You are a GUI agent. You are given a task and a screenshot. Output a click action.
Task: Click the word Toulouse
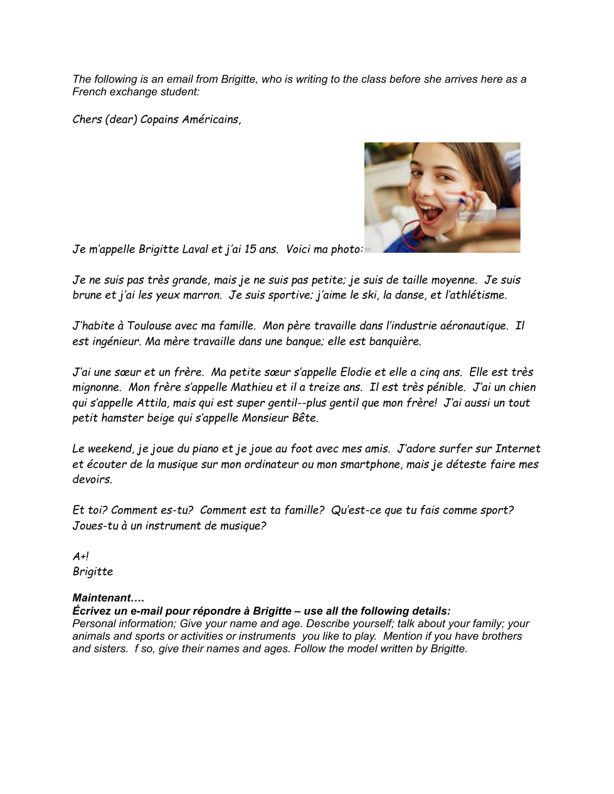click(x=151, y=326)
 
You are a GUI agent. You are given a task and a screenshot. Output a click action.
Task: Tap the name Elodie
click(x=356, y=372)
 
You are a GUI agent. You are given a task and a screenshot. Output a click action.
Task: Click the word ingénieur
click(x=114, y=341)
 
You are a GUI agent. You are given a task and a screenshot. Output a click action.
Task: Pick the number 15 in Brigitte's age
click(x=250, y=249)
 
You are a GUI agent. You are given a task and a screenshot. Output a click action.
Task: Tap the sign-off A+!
click(x=80, y=556)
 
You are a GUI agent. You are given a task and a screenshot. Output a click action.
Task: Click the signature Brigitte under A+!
click(x=93, y=571)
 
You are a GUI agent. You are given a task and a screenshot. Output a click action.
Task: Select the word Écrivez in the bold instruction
click(x=92, y=611)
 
